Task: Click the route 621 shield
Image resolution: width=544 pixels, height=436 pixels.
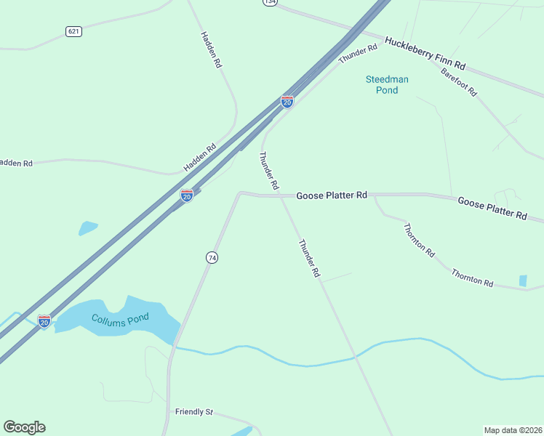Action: (73, 31)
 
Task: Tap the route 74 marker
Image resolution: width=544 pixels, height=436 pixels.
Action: (212, 258)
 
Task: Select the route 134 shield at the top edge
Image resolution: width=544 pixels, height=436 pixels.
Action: (270, 2)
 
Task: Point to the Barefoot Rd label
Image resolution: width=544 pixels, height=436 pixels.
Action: (458, 81)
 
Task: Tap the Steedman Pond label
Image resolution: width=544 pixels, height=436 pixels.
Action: (387, 84)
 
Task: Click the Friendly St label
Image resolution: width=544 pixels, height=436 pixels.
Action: (193, 412)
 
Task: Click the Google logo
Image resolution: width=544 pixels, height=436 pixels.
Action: (24, 427)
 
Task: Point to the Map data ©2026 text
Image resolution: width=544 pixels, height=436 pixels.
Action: (512, 430)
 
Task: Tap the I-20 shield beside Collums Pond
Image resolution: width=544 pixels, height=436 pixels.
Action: (44, 321)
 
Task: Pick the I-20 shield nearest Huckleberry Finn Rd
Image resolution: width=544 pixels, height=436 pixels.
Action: (287, 102)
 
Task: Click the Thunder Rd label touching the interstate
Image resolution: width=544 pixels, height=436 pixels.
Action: (359, 53)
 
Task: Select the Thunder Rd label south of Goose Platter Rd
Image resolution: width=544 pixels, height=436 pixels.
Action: (309, 259)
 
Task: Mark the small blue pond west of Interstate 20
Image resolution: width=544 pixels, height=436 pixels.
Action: (88, 228)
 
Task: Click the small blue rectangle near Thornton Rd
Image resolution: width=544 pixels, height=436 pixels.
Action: (523, 280)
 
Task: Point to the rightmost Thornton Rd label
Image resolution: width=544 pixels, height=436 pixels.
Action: (472, 278)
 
